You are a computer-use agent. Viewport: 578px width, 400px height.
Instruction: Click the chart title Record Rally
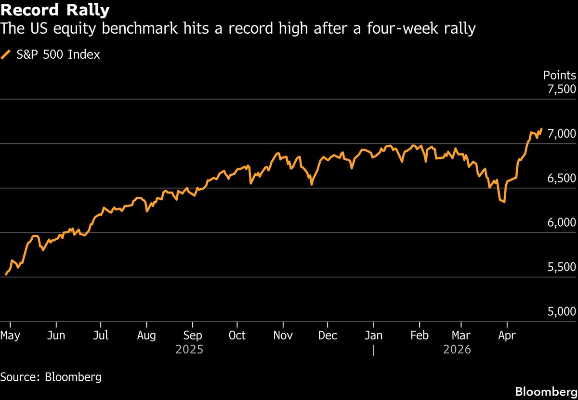(x=55, y=10)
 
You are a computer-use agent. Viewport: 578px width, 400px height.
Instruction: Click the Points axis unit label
(x=559, y=75)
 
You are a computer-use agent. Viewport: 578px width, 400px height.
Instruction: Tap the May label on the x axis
(x=10, y=335)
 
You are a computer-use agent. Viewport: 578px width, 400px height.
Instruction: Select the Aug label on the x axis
(x=146, y=335)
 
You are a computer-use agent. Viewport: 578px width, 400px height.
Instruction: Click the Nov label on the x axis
(x=283, y=335)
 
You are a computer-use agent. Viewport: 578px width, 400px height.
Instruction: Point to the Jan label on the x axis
(x=374, y=335)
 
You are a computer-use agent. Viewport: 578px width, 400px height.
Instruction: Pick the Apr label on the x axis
(x=506, y=335)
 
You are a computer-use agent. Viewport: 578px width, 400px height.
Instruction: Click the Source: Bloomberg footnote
(x=51, y=377)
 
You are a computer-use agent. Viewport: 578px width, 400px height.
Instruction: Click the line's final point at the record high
(x=542, y=129)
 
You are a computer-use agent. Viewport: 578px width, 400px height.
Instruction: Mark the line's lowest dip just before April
(x=504, y=202)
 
